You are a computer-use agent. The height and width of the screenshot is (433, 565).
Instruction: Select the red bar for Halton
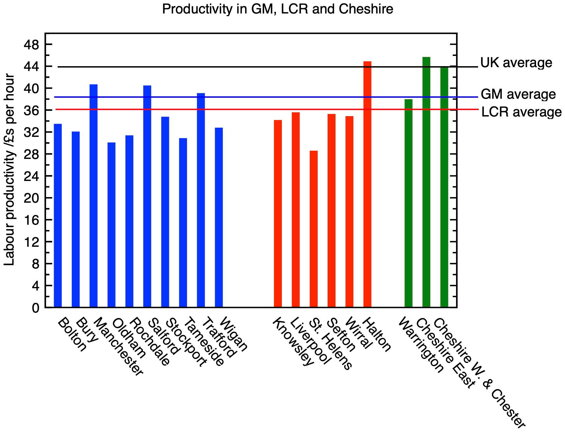[x=367, y=184]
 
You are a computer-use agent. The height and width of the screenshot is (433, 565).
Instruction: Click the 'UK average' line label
[x=516, y=63]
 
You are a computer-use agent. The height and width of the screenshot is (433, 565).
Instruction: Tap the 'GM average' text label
[x=518, y=94]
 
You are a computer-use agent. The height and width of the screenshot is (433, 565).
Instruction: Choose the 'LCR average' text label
[x=521, y=112]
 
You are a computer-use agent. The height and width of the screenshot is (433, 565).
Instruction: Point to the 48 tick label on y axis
[x=31, y=45]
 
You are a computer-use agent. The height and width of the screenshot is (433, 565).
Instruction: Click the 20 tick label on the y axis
[x=31, y=198]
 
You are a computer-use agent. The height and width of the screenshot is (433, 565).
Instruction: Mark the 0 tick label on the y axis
[x=35, y=308]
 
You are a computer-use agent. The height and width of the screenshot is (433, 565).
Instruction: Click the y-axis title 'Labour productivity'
[x=9, y=169]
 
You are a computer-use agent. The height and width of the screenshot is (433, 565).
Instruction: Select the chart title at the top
[x=277, y=9]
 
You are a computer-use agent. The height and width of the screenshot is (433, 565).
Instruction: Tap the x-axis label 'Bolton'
[x=72, y=334]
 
